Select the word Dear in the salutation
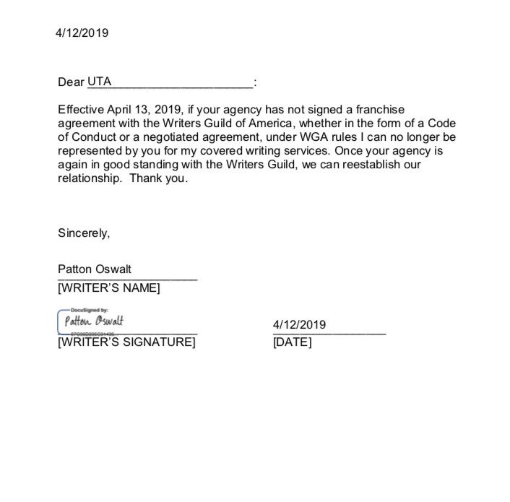[x=71, y=82]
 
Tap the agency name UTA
[x=100, y=82]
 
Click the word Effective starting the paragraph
[x=81, y=110]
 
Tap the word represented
[x=90, y=151]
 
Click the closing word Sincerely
[x=84, y=233]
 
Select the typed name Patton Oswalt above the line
[x=95, y=269]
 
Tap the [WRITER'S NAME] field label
[x=108, y=287]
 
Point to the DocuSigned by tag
[x=85, y=309]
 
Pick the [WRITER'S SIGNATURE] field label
[x=126, y=342]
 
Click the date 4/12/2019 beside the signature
[x=299, y=324]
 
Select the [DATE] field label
[x=293, y=342]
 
